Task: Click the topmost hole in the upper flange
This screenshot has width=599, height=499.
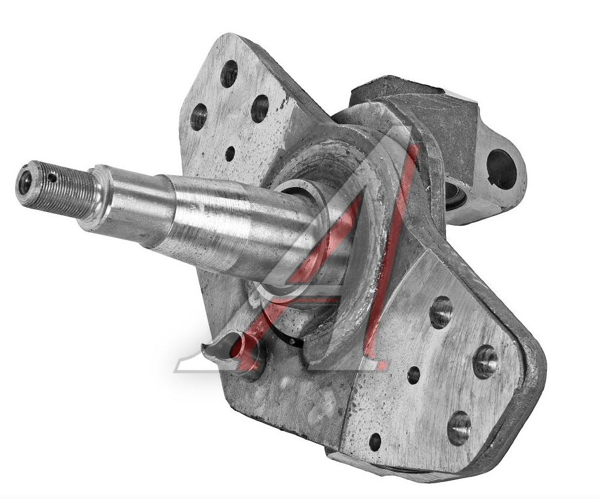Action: pos(229,73)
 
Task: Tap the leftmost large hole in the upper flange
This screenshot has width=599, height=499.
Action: pos(198,115)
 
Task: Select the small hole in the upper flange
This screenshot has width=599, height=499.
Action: pos(230,154)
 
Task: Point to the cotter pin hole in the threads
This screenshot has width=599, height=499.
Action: pos(53,178)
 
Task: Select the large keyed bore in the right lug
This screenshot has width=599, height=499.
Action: pos(501,169)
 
